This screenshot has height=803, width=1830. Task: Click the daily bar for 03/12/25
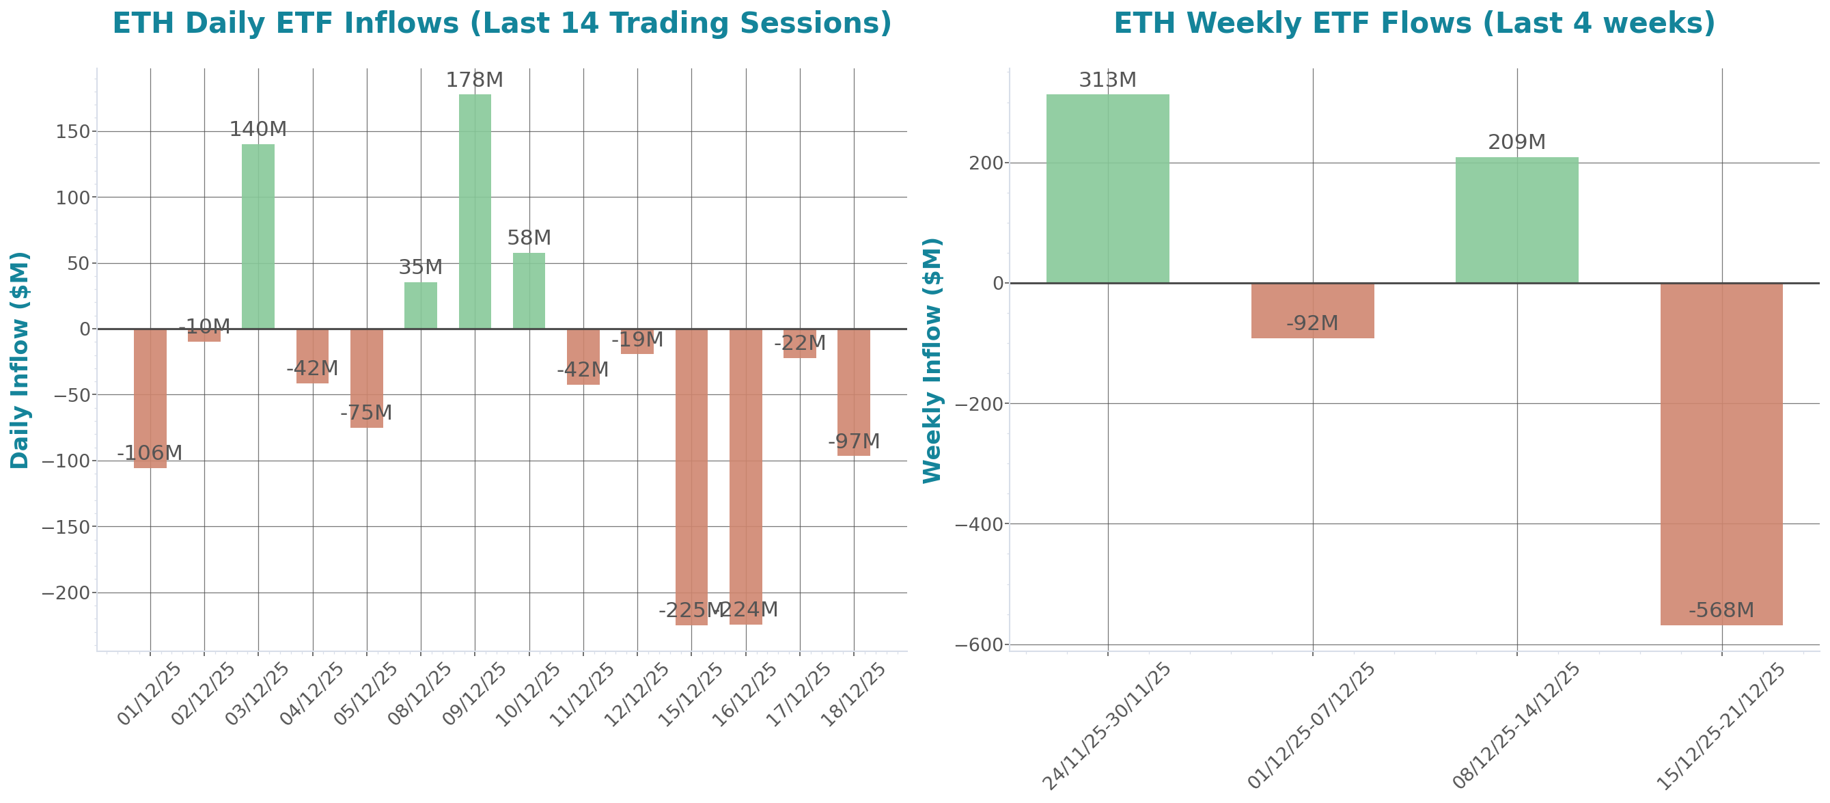[x=258, y=236]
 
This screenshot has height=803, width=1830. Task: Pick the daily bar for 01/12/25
[x=150, y=398]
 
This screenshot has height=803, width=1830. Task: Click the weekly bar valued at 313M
[x=1107, y=189]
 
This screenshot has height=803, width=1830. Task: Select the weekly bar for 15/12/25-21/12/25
[x=1721, y=454]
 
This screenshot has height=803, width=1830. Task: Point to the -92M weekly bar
[x=1312, y=310]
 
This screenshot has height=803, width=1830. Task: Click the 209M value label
[x=1516, y=142]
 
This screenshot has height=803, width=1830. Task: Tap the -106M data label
[x=149, y=452]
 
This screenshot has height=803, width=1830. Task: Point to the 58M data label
[x=529, y=237]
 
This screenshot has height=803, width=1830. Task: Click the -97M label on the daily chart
[x=854, y=441]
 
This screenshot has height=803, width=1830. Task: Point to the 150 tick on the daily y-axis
[x=72, y=131]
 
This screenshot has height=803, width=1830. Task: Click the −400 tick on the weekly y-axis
[x=979, y=524]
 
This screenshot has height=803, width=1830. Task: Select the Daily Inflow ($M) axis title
[x=20, y=359]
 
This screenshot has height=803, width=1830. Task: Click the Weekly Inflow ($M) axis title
[x=931, y=359]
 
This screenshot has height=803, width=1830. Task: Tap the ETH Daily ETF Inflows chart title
[x=501, y=23]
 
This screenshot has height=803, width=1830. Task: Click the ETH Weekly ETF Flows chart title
[x=1414, y=23]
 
